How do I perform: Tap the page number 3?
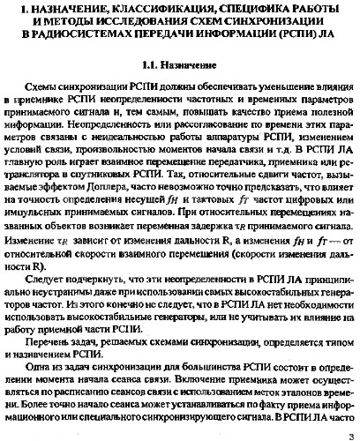coord(350,431)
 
